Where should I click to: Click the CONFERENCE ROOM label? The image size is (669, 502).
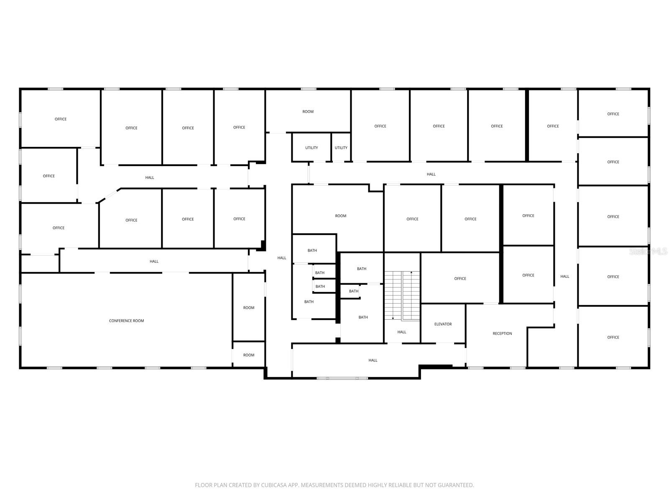click(x=126, y=320)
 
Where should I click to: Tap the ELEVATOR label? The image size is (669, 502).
click(x=443, y=324)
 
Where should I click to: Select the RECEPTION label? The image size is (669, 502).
click(x=502, y=333)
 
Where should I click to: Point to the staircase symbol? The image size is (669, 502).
click(x=402, y=295)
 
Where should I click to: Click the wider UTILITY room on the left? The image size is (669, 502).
click(x=311, y=148)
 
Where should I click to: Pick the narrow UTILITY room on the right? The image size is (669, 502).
click(x=341, y=148)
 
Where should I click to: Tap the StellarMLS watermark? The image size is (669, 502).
click(x=648, y=251)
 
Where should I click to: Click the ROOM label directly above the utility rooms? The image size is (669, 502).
click(x=308, y=112)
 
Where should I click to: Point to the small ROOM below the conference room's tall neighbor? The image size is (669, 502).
click(x=248, y=355)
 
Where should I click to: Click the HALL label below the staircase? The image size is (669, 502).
click(x=401, y=332)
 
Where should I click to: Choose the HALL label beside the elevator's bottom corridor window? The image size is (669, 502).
click(x=373, y=360)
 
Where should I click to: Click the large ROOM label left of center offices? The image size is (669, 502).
click(x=340, y=216)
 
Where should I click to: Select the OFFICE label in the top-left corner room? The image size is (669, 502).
click(x=60, y=119)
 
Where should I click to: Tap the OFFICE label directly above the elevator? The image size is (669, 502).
click(x=460, y=279)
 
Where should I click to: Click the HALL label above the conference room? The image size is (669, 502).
click(x=154, y=261)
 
